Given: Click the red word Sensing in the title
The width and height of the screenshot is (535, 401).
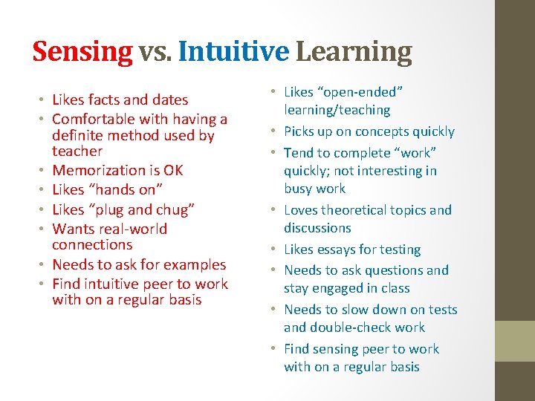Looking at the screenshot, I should tap(82, 51).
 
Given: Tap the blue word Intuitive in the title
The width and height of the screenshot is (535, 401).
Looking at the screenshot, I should tap(233, 51).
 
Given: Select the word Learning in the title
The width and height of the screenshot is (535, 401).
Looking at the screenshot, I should tap(354, 51).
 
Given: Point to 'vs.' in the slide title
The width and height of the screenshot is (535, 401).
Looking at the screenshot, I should tap(155, 52).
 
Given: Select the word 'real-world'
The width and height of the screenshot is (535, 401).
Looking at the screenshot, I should tap(131, 229).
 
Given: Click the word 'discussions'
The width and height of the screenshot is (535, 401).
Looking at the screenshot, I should tap(317, 228).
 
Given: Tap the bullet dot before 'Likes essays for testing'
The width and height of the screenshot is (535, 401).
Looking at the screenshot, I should tap(274, 250).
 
